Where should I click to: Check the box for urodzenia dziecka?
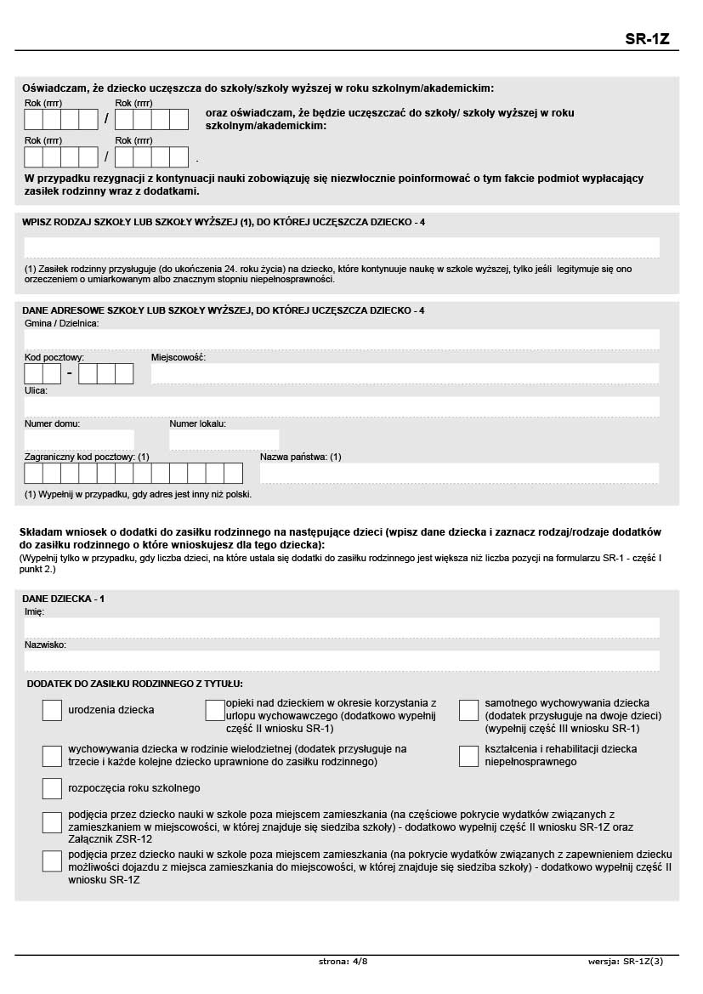(52, 710)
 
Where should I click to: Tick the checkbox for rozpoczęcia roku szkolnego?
(52, 788)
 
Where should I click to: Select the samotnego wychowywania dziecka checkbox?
(469, 710)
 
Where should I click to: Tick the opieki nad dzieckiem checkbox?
(215, 710)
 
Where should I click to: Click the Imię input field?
(342, 628)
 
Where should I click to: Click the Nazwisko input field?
(342, 661)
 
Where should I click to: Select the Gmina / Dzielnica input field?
(342, 339)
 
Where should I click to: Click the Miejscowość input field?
(405, 373)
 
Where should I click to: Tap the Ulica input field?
(342, 406)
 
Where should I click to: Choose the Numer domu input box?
(79, 440)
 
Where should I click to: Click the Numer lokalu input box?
(224, 440)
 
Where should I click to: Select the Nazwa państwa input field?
(459, 473)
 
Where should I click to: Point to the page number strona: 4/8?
(343, 961)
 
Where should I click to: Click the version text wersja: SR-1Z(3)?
(625, 961)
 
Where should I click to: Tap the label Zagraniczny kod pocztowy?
(87, 457)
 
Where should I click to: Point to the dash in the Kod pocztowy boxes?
(70, 374)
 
